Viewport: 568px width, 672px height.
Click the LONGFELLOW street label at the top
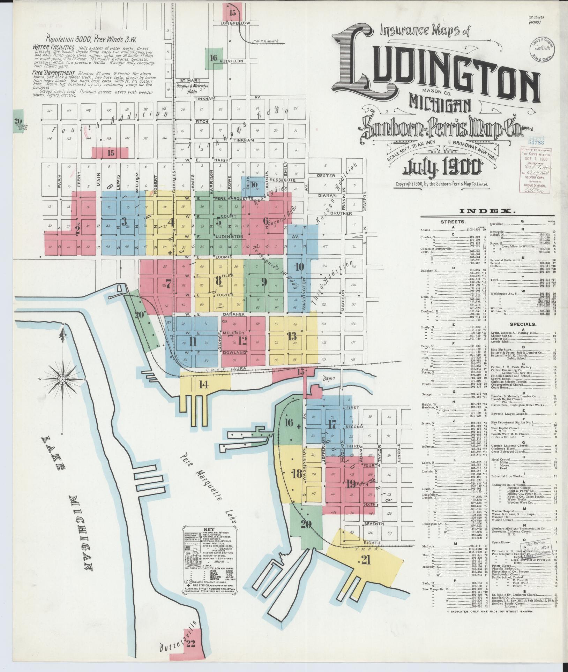coord(236,23)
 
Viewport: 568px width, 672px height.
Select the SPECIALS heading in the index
coord(522,324)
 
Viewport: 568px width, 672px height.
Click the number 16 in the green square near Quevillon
coord(214,58)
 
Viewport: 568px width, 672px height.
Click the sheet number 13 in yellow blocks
coord(292,336)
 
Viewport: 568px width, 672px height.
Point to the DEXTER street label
coord(326,176)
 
